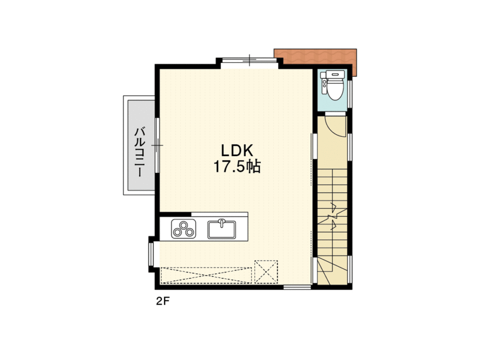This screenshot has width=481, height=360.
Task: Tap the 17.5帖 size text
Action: click(237, 167)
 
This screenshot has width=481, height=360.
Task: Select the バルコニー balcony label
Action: click(139, 152)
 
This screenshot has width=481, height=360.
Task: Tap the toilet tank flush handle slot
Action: click(335, 74)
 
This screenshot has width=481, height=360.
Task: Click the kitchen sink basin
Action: click(222, 229)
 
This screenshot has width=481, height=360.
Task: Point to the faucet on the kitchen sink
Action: click(222, 223)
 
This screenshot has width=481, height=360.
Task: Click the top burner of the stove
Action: click(183, 224)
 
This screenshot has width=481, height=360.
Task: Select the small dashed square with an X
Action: click(266, 272)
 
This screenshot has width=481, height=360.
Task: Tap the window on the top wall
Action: click(249, 60)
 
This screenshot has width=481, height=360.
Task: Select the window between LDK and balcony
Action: click(157, 144)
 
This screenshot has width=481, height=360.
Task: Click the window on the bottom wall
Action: click(296, 287)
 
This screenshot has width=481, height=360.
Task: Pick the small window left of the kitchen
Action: click(152, 253)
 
